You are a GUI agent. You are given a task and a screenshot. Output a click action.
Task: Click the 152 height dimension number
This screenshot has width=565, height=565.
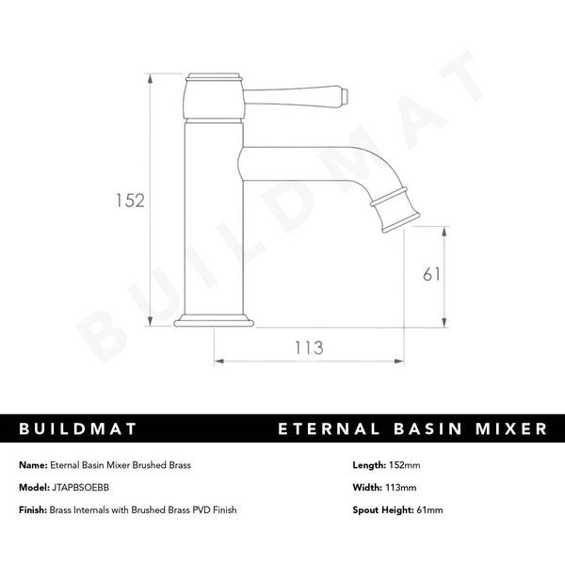(x=130, y=200)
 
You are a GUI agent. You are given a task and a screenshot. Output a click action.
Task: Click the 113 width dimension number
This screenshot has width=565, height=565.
(x=308, y=347)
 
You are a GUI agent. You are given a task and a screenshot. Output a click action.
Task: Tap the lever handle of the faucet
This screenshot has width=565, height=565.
(x=297, y=94)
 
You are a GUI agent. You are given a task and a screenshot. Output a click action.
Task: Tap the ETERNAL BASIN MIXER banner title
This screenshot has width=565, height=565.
(x=413, y=429)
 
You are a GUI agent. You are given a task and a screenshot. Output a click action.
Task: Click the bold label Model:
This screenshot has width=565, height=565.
(x=33, y=488)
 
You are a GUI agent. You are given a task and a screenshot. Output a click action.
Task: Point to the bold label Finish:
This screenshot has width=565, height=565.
(x=33, y=509)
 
